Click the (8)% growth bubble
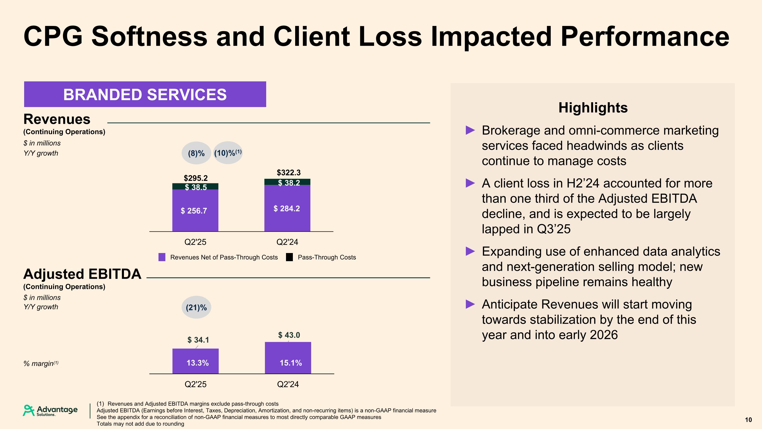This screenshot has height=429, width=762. [x=196, y=153]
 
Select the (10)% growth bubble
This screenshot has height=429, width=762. [x=228, y=153]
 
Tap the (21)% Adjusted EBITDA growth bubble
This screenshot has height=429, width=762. [x=196, y=307]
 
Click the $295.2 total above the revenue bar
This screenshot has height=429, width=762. [x=196, y=178]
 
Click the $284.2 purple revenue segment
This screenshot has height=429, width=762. [x=287, y=209]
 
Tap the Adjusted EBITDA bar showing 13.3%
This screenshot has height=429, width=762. [x=196, y=361]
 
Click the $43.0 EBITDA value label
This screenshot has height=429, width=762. [x=289, y=335]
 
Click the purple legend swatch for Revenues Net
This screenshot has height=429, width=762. [x=162, y=257]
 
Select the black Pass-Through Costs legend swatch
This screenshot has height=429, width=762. [x=290, y=257]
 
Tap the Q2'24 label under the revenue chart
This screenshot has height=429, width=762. [x=287, y=242]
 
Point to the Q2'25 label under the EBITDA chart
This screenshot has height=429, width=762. [x=196, y=384]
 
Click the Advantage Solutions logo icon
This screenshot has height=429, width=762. [x=29, y=410]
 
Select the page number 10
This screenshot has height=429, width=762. [x=748, y=420]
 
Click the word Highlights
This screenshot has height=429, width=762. [x=593, y=108]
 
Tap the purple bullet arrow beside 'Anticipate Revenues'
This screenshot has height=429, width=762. [x=470, y=304]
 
